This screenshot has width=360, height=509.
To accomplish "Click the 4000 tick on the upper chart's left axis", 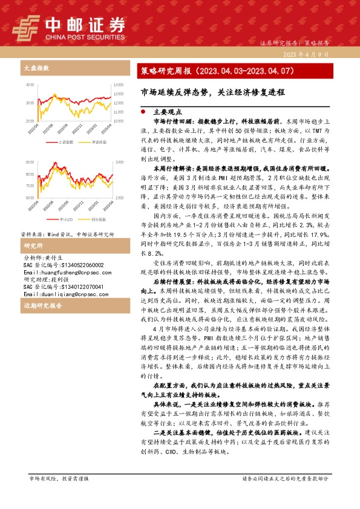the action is click(x=30, y=84).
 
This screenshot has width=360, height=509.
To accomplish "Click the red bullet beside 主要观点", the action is click(x=142, y=112).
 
